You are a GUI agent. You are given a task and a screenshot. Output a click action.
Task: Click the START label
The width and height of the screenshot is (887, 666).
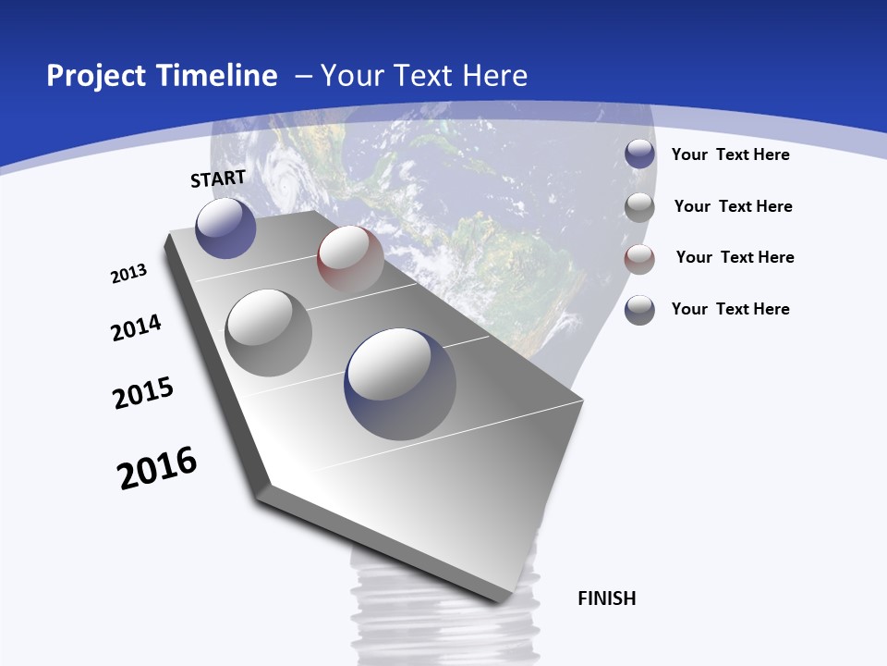click(218, 179)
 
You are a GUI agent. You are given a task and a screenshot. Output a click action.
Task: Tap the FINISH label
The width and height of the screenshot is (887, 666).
click(607, 598)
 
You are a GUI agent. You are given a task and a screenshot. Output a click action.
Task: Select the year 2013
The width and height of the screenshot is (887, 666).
click(128, 274)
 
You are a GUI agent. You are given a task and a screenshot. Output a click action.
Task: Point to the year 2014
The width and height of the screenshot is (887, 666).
click(136, 327)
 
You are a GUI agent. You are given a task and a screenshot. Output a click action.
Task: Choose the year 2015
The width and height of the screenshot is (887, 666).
click(143, 393)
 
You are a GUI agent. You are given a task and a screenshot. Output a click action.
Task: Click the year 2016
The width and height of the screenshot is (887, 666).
click(157, 468)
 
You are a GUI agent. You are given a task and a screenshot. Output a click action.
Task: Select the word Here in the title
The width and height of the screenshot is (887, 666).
click(494, 76)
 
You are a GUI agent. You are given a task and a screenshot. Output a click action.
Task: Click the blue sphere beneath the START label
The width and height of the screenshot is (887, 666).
click(225, 228)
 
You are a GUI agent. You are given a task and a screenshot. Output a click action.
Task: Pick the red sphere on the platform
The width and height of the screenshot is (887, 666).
click(350, 259)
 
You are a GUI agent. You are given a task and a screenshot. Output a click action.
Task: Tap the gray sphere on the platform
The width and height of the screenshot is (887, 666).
click(269, 333)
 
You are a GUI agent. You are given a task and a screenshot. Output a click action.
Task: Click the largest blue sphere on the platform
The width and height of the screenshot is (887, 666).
click(399, 384)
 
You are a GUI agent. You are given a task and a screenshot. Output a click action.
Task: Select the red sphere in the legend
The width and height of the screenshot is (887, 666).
click(639, 259)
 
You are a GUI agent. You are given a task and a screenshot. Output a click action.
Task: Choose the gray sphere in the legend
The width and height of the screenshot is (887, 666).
click(639, 207)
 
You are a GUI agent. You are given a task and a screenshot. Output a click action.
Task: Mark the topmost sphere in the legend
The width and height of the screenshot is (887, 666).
click(639, 154)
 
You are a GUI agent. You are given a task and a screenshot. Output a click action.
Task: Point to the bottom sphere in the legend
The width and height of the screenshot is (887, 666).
click(639, 310)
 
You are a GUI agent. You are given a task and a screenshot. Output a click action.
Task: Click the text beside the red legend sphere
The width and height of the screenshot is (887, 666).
click(735, 257)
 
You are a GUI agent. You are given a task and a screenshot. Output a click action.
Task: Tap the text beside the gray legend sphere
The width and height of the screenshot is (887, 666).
click(733, 206)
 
